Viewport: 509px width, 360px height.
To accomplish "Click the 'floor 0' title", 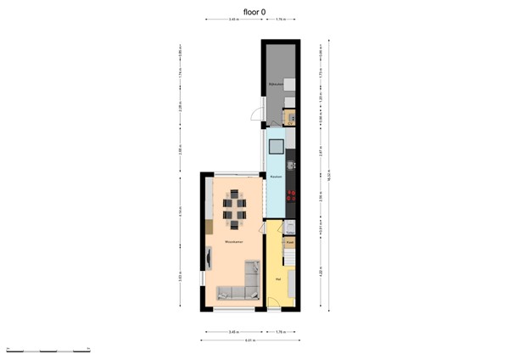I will pos(255,12).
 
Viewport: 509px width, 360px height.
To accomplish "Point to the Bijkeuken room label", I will pos(275,85).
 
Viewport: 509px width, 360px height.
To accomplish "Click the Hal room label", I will pos(277,278).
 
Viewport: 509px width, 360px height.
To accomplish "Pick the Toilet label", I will pos(289,231).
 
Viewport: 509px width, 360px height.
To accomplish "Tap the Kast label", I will pos(289,242).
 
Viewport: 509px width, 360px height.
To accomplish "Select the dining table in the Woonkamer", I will pos(233,209).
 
